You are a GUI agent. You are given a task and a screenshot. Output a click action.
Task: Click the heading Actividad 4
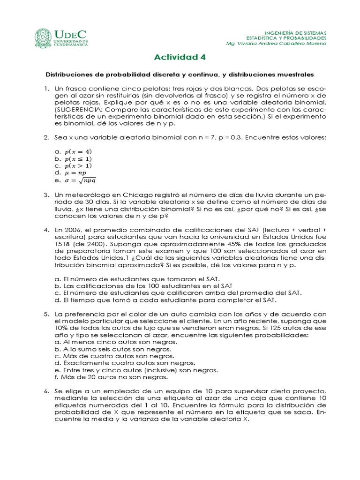(180, 57)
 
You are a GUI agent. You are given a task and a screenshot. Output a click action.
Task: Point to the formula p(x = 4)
(78, 151)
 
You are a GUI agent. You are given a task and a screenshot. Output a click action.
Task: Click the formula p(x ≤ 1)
(78, 158)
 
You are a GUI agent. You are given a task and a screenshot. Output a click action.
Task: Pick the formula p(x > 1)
(78, 165)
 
